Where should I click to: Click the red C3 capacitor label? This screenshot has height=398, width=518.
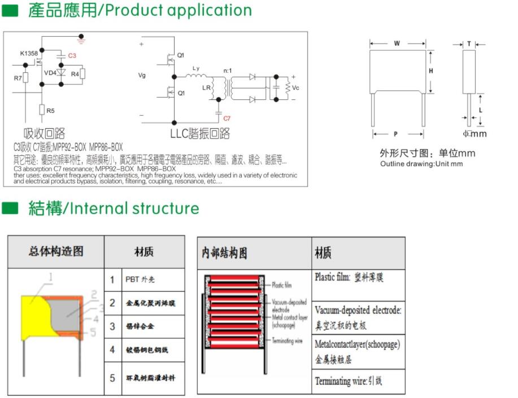click(72, 56)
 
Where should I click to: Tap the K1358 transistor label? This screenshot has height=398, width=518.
click(29, 54)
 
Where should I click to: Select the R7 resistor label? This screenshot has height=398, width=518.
click(18, 78)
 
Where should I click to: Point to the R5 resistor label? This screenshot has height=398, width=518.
click(50, 111)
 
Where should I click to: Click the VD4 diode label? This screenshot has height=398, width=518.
click(50, 73)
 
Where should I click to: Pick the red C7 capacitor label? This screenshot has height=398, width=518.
click(227, 119)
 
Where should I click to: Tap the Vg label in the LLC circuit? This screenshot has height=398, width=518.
click(142, 75)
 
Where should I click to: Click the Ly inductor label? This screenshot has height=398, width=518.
click(195, 68)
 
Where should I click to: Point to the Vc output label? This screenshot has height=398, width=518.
click(295, 88)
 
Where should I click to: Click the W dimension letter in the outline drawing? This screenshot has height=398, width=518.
click(397, 43)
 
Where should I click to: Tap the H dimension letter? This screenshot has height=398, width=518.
click(430, 71)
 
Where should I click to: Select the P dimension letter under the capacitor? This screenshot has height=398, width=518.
click(396, 134)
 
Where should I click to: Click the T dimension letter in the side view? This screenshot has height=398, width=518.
click(469, 43)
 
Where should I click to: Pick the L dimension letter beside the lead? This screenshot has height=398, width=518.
click(480, 110)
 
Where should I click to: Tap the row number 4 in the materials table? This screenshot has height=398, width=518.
click(112, 350)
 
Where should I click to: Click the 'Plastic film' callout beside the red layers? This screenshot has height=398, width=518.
click(281, 285)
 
